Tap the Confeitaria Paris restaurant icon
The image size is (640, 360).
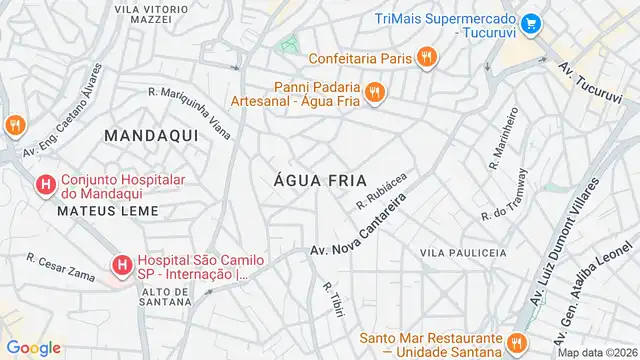427,57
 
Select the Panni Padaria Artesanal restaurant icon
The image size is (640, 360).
375,92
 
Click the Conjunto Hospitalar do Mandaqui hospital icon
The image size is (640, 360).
45,185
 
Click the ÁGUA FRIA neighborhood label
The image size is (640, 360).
316,180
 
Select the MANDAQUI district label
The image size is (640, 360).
146,133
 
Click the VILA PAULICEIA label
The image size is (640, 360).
463,254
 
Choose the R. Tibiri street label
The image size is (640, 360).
334,299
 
